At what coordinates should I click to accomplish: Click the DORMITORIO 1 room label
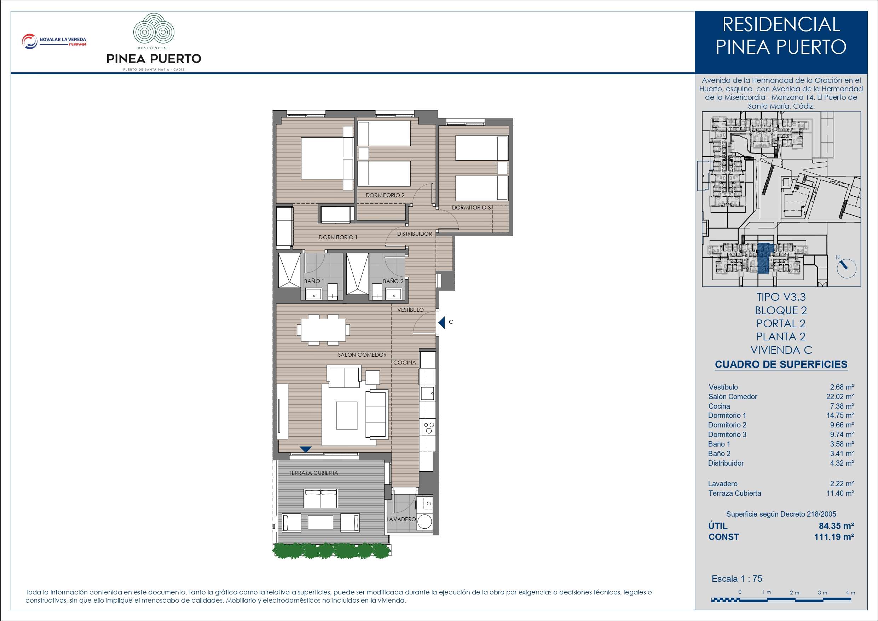(338, 237)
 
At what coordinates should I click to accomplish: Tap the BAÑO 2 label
(393, 281)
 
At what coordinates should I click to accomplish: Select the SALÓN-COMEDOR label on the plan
(362, 355)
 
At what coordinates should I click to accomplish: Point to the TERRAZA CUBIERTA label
(313, 473)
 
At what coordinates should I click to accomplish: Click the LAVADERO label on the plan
(401, 519)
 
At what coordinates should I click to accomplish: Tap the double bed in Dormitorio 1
(327, 159)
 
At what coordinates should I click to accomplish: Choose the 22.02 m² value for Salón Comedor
(840, 396)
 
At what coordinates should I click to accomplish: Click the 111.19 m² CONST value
(834, 537)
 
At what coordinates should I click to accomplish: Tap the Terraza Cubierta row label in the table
(735, 493)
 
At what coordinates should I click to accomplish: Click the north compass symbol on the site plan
(847, 268)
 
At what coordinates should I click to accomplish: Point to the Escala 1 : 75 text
(737, 579)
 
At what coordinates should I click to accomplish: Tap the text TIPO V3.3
(781, 297)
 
